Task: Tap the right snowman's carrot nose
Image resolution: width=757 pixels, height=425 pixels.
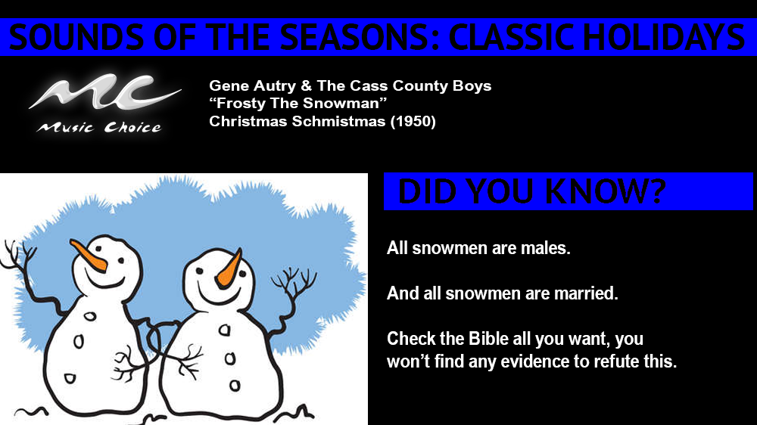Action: (229, 271)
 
